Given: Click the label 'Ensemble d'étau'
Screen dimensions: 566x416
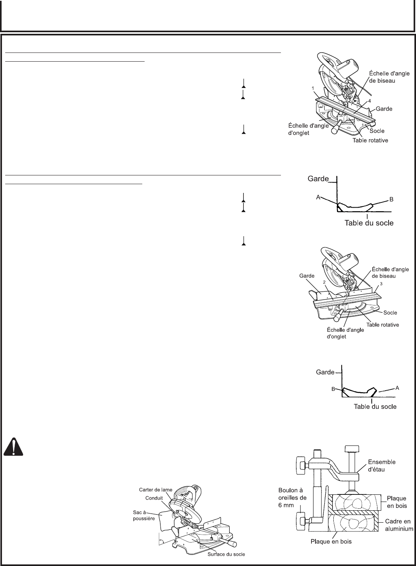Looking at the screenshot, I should point(382,465).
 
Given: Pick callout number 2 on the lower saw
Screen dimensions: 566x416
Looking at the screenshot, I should point(324,282).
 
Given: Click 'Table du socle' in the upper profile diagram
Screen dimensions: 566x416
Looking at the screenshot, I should point(368,223).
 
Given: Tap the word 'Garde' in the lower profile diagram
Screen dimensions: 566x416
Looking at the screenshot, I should point(325,372).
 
